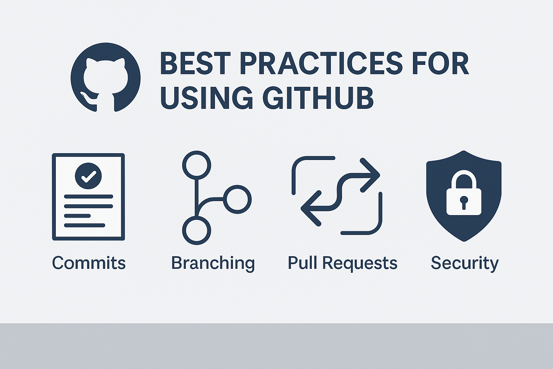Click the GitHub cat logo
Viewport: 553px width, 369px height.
click(105, 77)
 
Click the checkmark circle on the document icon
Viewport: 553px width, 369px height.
click(88, 176)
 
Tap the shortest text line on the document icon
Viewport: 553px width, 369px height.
click(77, 216)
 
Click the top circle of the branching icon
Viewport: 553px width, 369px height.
click(197, 165)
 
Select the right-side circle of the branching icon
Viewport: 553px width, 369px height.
click(237, 199)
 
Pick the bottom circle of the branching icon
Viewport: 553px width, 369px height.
click(197, 230)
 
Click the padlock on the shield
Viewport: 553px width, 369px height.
click(464, 192)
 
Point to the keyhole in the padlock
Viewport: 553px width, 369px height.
click(464, 202)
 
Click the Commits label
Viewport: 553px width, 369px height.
click(89, 263)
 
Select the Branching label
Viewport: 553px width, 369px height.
click(213, 263)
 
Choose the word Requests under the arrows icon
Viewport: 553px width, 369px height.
click(360, 263)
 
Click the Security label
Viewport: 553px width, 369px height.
click(465, 263)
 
